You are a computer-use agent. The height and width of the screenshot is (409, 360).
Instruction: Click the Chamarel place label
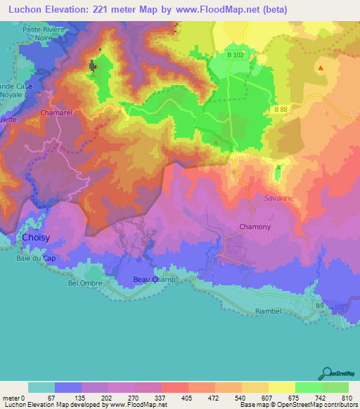[57, 112]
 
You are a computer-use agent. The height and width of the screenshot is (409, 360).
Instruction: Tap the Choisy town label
[35, 238]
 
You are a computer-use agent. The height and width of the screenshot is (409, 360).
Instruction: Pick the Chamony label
[255, 226]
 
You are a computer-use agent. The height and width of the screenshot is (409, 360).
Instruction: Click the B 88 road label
[281, 110]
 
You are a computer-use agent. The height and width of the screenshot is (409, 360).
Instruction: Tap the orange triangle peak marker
[321, 69]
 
